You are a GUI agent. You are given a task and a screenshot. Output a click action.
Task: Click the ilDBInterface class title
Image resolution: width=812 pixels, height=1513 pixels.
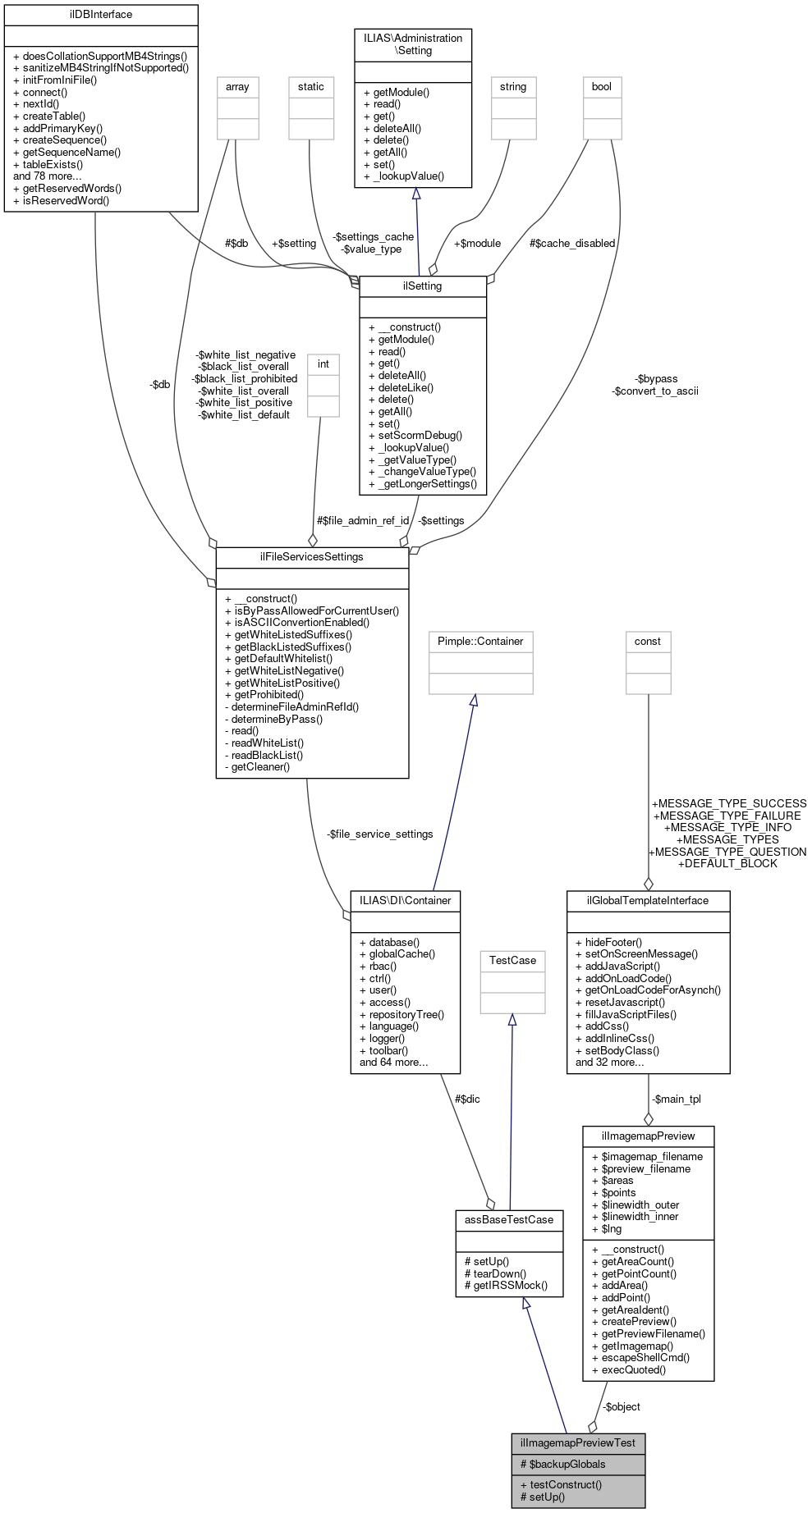click(101, 15)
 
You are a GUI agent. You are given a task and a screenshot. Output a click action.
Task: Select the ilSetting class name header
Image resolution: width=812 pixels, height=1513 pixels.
click(423, 286)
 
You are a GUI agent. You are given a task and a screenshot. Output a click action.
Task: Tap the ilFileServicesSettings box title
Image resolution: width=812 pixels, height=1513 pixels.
click(312, 557)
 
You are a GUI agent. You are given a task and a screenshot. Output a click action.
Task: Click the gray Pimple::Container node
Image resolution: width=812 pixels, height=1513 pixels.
click(480, 642)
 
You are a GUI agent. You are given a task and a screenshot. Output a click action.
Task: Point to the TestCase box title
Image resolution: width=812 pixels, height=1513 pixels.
click(512, 961)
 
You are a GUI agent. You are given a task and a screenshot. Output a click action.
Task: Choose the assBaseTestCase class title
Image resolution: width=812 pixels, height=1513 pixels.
click(509, 1220)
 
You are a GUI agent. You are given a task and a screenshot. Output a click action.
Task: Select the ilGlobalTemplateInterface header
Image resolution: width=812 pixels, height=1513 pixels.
click(648, 901)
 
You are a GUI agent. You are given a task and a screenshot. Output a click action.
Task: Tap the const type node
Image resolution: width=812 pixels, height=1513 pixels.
click(648, 642)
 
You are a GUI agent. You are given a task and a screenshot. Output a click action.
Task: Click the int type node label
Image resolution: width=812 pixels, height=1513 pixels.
click(323, 364)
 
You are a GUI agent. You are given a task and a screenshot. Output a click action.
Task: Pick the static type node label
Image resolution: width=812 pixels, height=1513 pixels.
click(311, 87)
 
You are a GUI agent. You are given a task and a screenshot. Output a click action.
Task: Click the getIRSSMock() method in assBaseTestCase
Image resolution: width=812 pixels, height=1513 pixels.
click(506, 1286)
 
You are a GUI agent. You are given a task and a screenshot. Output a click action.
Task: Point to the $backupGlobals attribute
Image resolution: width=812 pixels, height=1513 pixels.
click(562, 1464)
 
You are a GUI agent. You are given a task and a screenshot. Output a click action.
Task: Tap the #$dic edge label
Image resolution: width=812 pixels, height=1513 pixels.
click(467, 1099)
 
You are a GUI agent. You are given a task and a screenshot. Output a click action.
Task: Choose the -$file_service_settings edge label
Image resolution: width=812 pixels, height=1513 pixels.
click(379, 834)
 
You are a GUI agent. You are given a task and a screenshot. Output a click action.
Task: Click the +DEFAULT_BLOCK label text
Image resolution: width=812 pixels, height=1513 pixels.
click(727, 863)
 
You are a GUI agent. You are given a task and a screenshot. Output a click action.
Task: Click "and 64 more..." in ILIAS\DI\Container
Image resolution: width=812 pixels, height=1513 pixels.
click(394, 1063)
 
